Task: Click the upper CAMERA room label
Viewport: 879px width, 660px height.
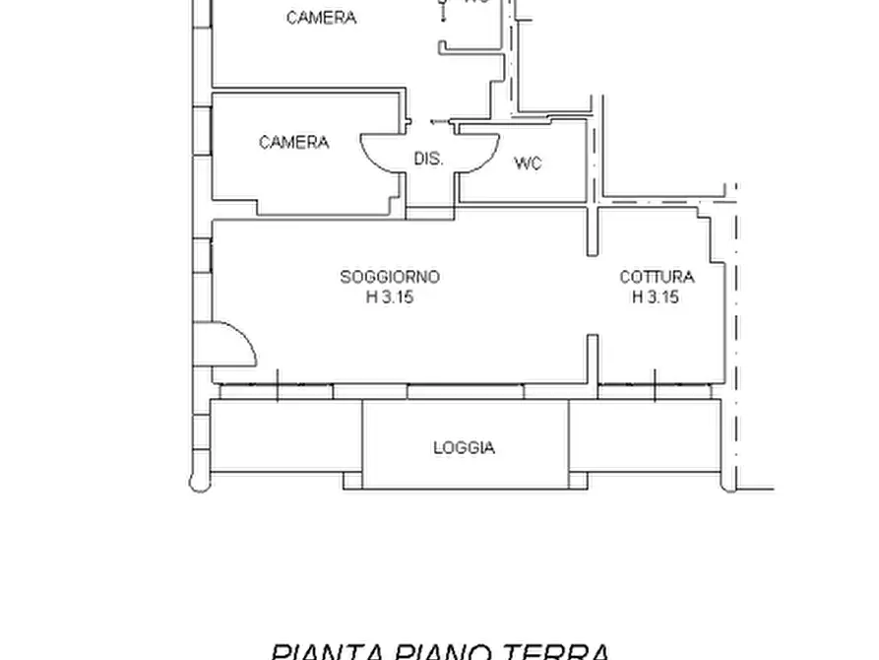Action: coord(321,18)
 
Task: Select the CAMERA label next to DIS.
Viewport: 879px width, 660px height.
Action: coord(293,143)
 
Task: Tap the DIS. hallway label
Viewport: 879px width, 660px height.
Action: coord(428,159)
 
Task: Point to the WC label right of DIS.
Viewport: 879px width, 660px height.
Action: coord(528,164)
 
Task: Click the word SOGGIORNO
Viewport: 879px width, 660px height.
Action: coord(390,278)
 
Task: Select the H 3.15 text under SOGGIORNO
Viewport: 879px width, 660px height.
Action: coord(390,297)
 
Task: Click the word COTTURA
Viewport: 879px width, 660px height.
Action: coord(657,278)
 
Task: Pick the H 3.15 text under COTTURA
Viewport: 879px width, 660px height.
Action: coord(657,297)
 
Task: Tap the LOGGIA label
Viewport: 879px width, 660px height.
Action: coord(464,448)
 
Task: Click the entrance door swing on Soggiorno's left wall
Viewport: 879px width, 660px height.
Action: coord(234,344)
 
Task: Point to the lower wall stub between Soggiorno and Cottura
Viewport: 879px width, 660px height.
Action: coord(594,359)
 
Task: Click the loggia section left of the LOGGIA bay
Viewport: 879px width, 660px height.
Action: coord(287,436)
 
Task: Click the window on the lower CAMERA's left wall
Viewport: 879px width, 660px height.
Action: coord(203,131)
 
